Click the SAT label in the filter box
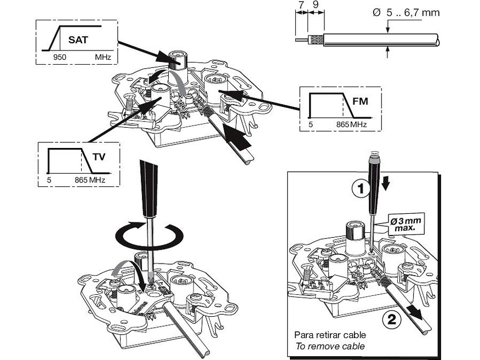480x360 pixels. [78, 40]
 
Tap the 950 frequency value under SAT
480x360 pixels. [60, 57]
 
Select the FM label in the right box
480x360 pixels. [360, 101]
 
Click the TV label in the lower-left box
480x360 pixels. [99, 157]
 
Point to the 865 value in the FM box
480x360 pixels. [342, 124]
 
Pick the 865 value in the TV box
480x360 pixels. [81, 180]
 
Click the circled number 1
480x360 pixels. [361, 188]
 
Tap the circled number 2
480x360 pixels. [392, 320]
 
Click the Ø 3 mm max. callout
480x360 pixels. [405, 224]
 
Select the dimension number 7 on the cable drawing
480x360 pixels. [301, 4]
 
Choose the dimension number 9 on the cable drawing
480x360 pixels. [316, 4]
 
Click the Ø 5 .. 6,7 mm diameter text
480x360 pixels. [406, 13]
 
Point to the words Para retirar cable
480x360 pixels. [330, 335]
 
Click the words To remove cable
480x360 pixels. [330, 346]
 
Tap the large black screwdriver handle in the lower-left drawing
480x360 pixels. [148, 188]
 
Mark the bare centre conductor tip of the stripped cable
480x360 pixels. [301, 40]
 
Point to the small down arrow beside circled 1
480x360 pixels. [386, 184]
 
